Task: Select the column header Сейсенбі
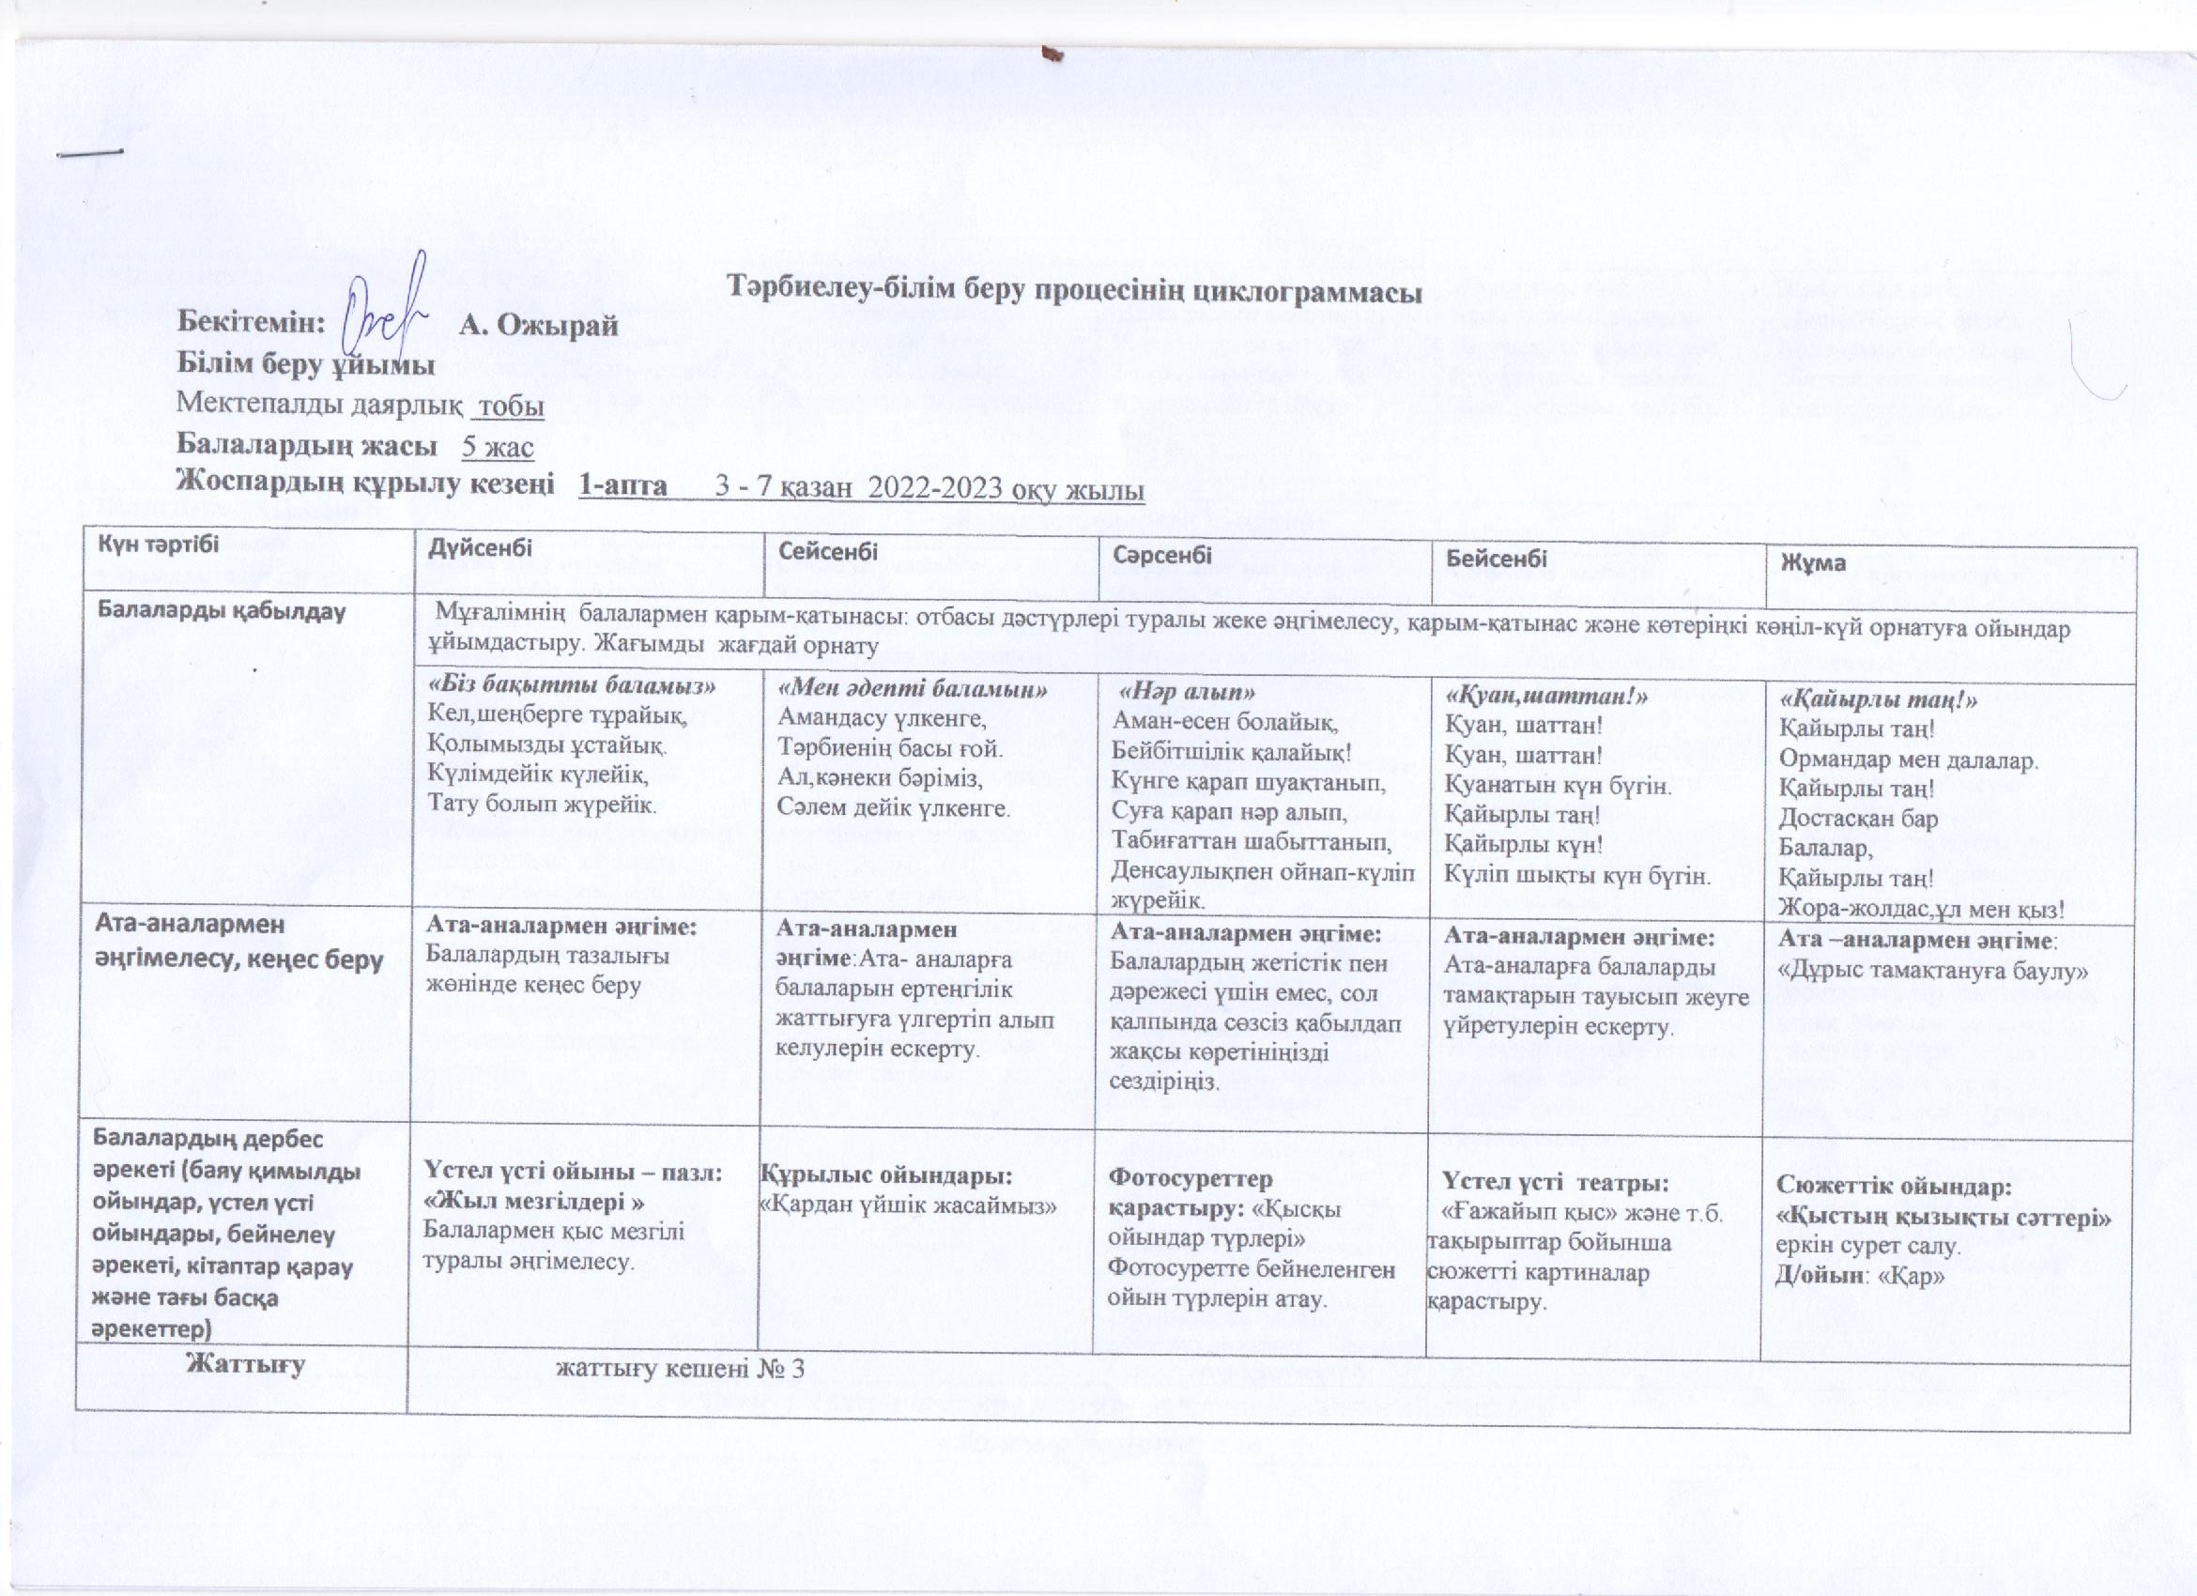828,551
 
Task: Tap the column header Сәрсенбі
1161,554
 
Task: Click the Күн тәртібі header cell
158,544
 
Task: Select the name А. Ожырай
538,326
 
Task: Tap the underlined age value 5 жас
497,447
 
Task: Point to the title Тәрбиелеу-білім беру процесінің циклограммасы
1075,291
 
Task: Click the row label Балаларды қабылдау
222,611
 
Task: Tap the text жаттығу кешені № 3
680,1369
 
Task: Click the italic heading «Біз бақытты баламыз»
572,685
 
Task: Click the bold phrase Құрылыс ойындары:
886,1175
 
